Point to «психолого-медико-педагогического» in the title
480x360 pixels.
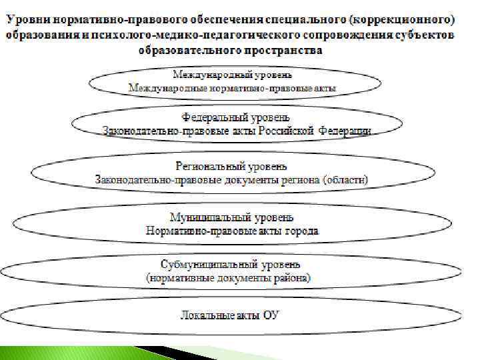179,33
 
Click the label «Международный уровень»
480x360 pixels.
233,73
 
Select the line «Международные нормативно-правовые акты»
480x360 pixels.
233,87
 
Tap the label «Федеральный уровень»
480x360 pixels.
237,117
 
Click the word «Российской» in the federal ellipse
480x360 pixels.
286,131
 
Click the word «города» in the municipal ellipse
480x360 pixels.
303,231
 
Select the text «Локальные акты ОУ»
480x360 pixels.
231,315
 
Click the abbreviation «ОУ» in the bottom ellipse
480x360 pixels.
269,315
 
